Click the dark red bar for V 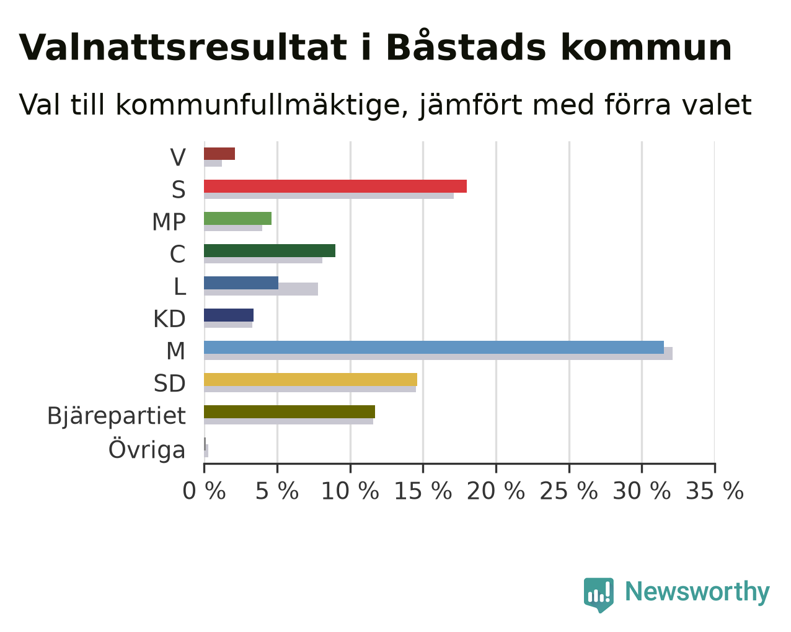coord(219,154)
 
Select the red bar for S coord(335,186)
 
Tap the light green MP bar coord(238,218)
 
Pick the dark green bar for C coord(270,250)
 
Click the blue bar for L coord(241,283)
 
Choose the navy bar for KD coord(229,315)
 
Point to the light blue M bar coord(434,347)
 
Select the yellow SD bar coord(311,379)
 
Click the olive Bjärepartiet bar coord(289,411)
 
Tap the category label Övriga coord(147,449)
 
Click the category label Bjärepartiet coord(116,416)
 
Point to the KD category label coord(169,318)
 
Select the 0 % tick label coord(204,491)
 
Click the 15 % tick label coord(423,491)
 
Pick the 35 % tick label coord(715,491)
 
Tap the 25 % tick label coord(568,491)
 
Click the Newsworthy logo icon coord(599,595)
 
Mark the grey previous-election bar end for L coord(317,289)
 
